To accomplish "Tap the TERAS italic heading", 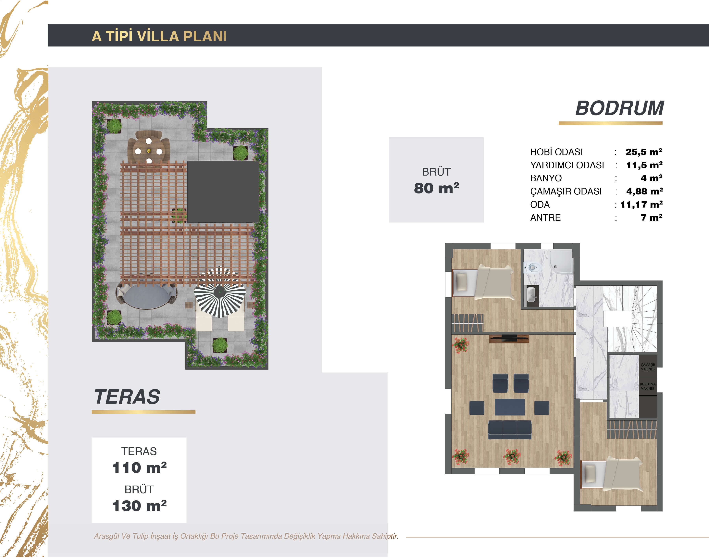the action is pos(127,397).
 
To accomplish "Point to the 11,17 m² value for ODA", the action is pos(641,205).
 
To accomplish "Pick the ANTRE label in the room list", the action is pos(545,217).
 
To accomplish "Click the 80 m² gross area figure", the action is pos(437,188).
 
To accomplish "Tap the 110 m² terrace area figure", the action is pos(140,467).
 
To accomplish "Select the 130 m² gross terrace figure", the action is pos(140,506).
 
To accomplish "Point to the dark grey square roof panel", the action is pos(223,192).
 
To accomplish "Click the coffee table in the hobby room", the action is pos(510,407).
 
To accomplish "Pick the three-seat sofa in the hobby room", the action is pos(510,429).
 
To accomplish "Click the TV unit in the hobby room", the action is pos(509,339).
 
